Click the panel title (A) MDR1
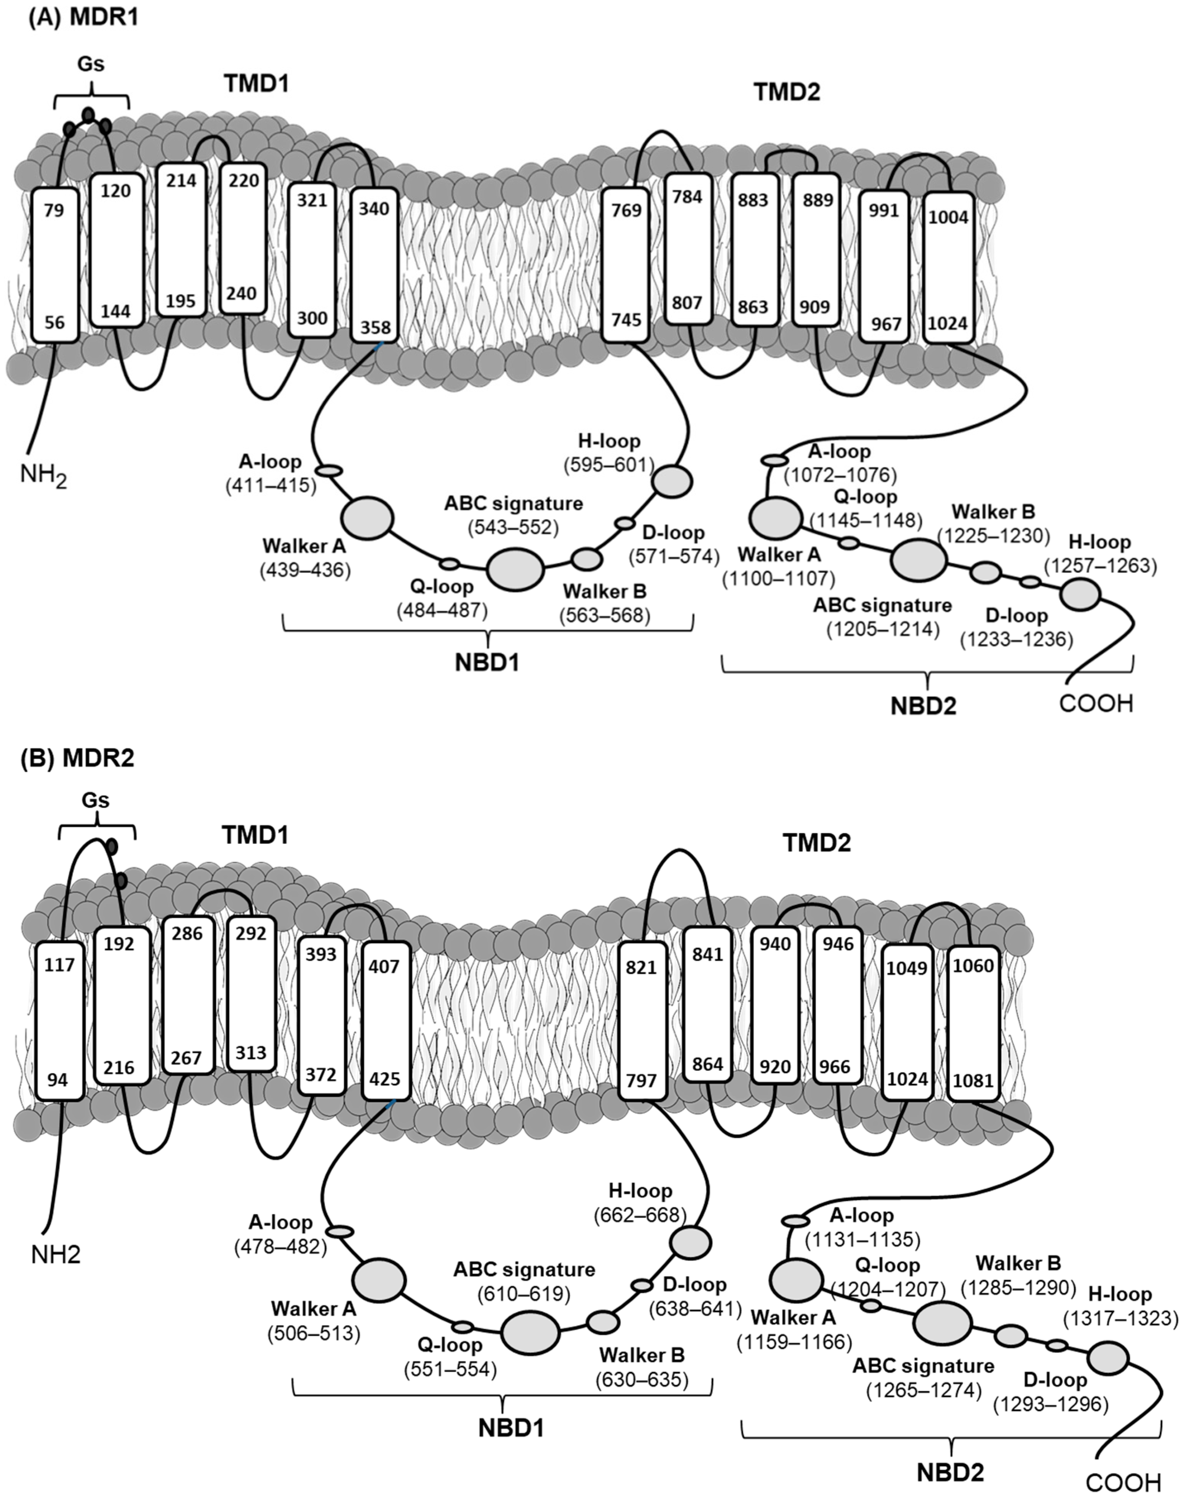coord(83,16)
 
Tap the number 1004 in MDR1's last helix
coord(948,217)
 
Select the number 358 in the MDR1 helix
coord(374,327)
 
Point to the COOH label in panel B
coord(1123,1482)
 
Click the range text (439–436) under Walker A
coord(305,570)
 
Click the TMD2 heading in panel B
coord(817,843)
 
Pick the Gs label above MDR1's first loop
coord(91,64)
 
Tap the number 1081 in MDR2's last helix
coord(973,1080)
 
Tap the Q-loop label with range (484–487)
coord(442,587)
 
